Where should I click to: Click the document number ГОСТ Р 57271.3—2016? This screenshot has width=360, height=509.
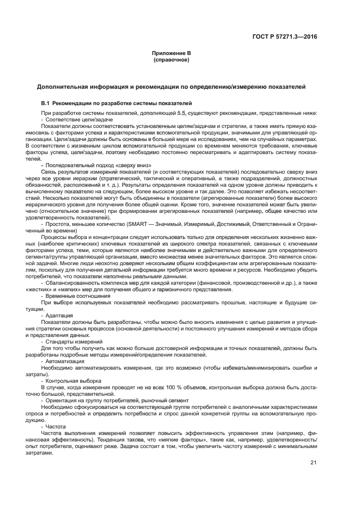[x=292, y=38]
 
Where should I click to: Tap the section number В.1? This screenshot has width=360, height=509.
[x=47, y=103]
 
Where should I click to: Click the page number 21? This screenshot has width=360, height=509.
[x=313, y=463]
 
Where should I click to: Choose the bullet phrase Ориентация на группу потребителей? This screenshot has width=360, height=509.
[x=90, y=400]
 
